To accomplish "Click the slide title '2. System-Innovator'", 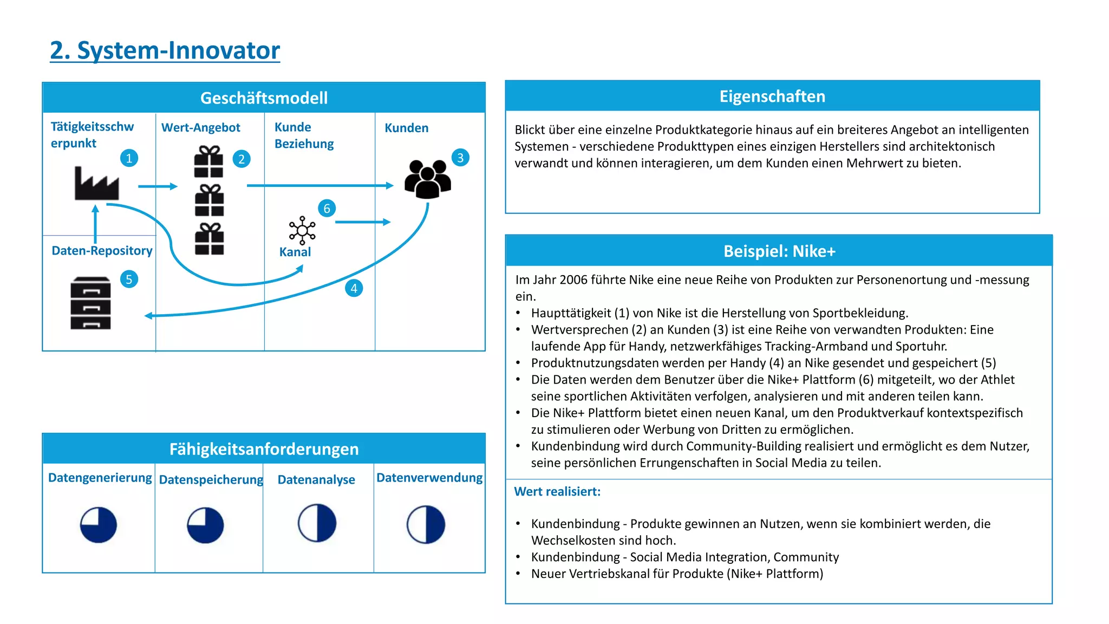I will [165, 50].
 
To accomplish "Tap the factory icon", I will [96, 184].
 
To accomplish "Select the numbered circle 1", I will [129, 158].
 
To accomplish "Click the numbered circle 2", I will [242, 159].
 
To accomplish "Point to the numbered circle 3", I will [460, 158].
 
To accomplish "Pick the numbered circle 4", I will [354, 288].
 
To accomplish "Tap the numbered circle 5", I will [129, 279].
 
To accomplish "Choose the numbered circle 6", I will [327, 209].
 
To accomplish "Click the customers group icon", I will [427, 179].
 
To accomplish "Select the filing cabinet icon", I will [90, 303].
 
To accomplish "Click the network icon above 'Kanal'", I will [302, 231].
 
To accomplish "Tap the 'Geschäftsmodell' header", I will [264, 98].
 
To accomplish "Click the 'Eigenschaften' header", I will [772, 96].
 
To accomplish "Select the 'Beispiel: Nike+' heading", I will [779, 251].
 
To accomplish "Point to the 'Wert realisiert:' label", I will [557, 492].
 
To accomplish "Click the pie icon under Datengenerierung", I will [99, 525].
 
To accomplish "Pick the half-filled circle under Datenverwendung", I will [426, 524].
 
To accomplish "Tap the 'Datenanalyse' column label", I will [316, 480].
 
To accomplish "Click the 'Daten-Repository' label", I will [102, 251].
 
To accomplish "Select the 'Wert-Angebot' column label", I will [200, 128].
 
